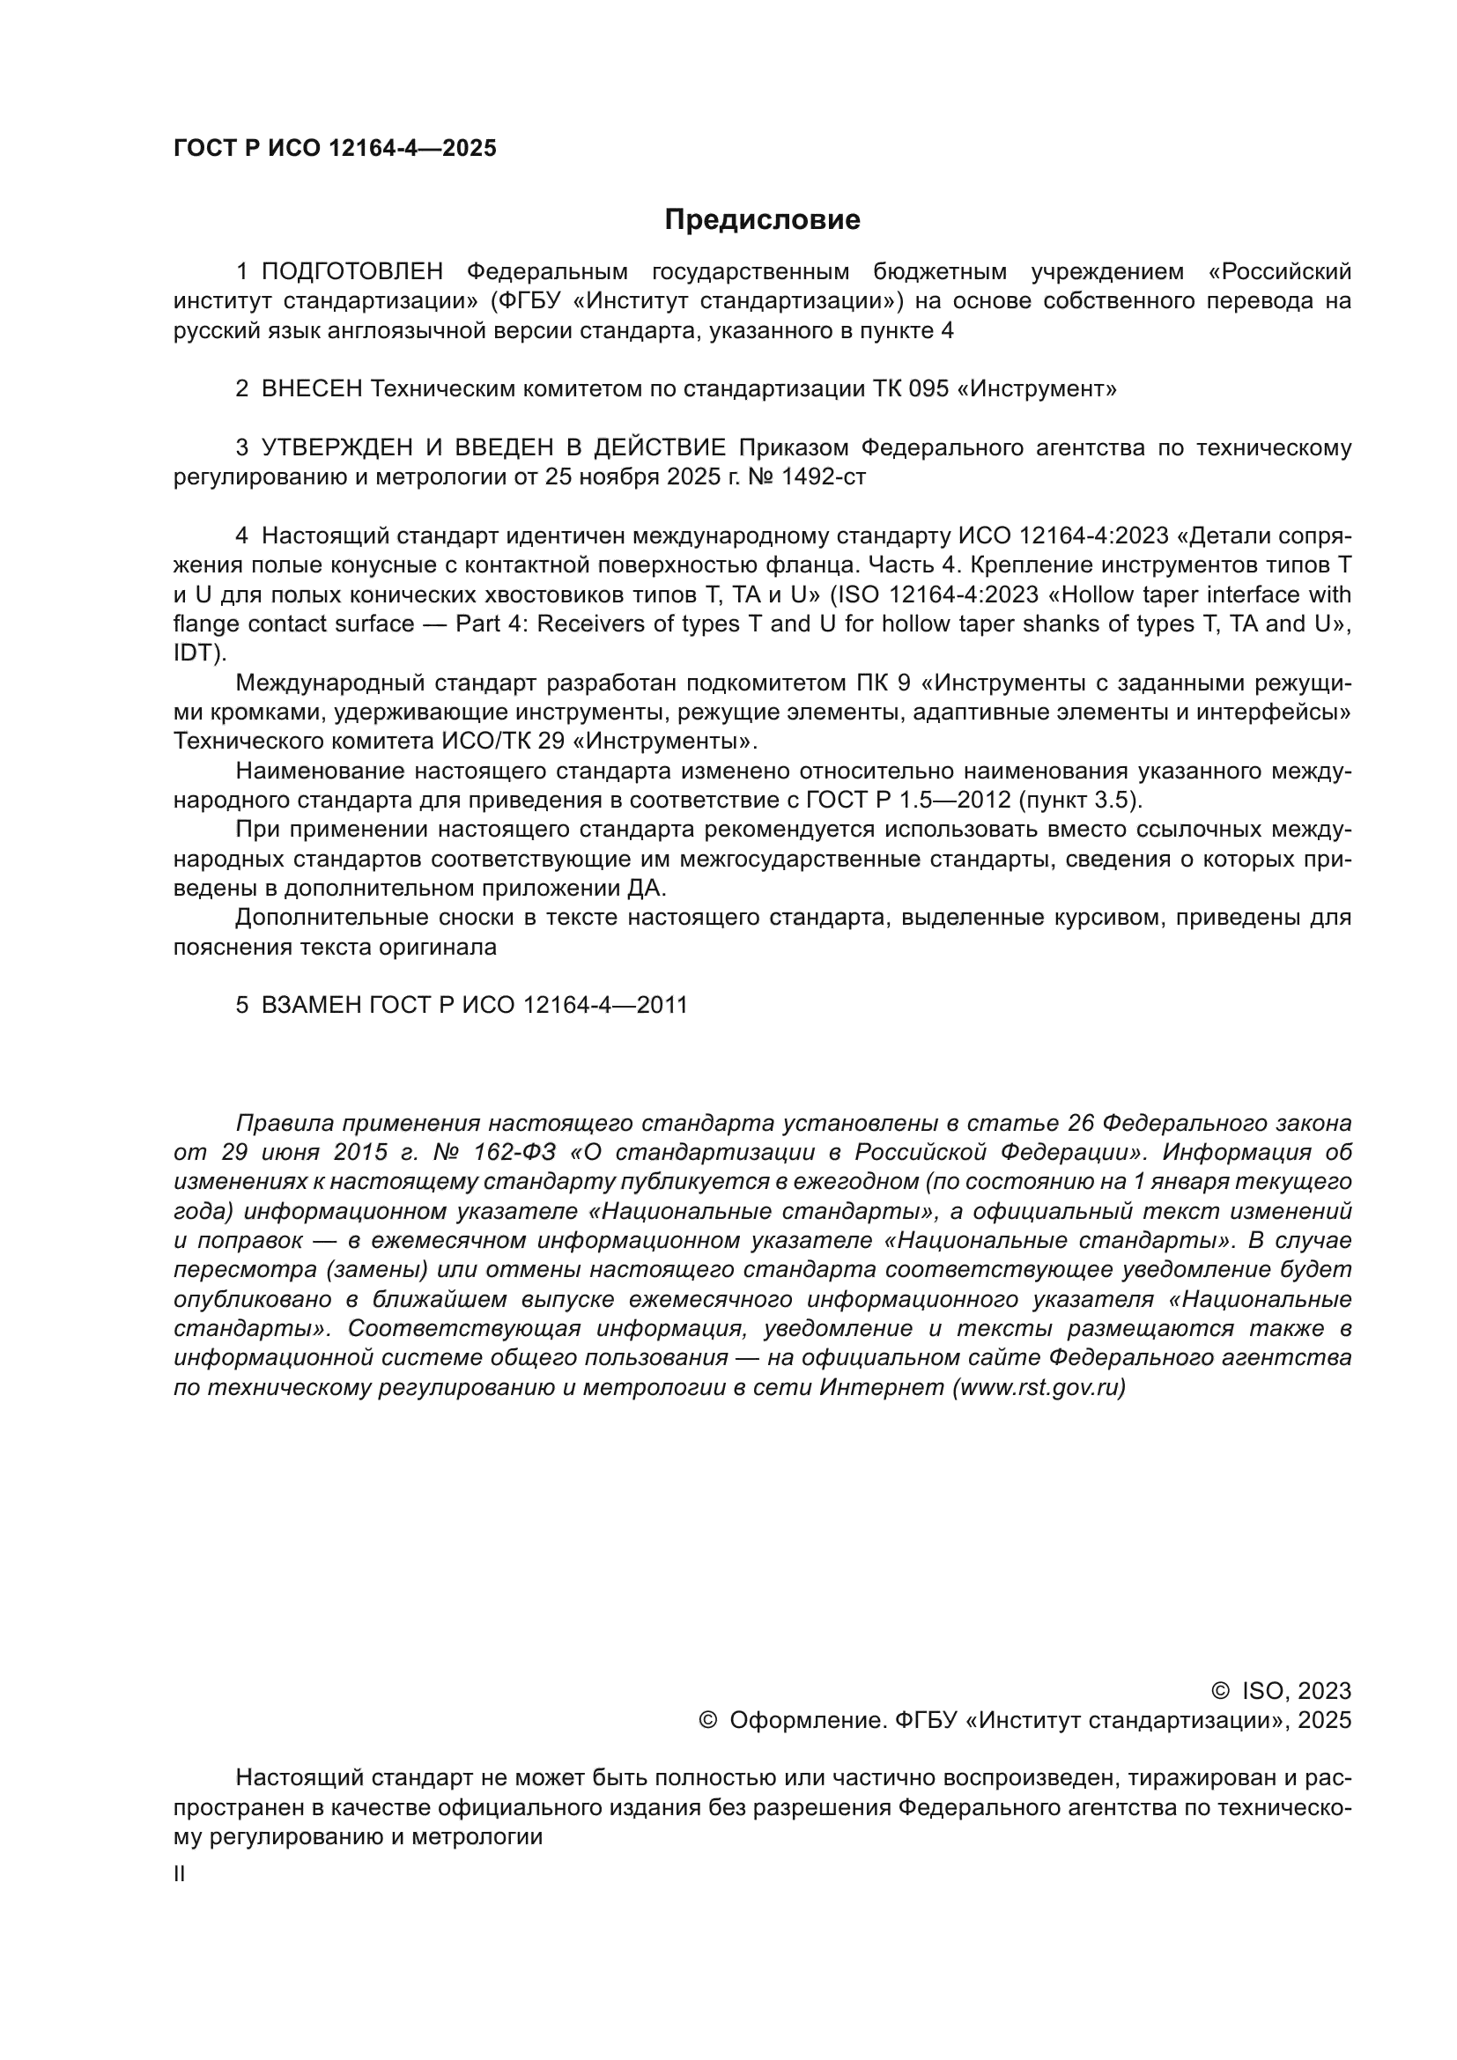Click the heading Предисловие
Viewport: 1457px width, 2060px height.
(x=762, y=220)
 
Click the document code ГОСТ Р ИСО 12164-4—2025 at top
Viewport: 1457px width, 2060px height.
(x=335, y=149)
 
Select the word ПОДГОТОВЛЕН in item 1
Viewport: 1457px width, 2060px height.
(x=352, y=272)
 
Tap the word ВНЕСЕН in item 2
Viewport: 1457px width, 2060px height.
(x=312, y=389)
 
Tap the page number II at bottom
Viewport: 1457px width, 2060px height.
(x=180, y=1874)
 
